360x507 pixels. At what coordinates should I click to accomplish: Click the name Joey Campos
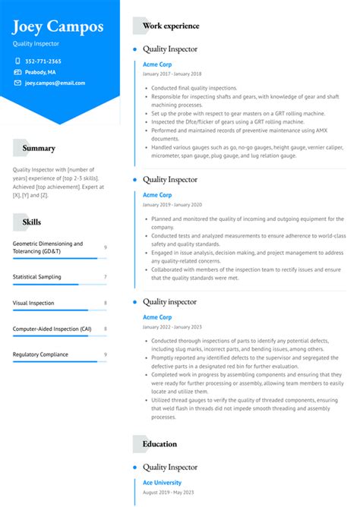[58, 27]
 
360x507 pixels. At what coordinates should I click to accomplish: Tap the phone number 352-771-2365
[43, 61]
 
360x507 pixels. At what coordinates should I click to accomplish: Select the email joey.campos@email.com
[55, 83]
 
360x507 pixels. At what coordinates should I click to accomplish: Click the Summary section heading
[39, 149]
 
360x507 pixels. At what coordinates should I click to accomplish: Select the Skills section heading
[33, 222]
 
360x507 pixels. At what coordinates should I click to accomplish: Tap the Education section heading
[159, 444]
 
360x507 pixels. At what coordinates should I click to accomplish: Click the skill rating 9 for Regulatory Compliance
[105, 355]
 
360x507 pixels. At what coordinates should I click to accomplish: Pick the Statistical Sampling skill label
[37, 276]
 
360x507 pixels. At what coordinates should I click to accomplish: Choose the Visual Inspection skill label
[33, 303]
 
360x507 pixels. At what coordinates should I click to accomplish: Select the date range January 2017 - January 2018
[172, 74]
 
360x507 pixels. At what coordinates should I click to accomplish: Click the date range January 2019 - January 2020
[172, 205]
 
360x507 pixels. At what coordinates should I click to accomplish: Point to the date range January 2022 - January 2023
[172, 327]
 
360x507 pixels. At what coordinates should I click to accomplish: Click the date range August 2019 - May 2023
[168, 493]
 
